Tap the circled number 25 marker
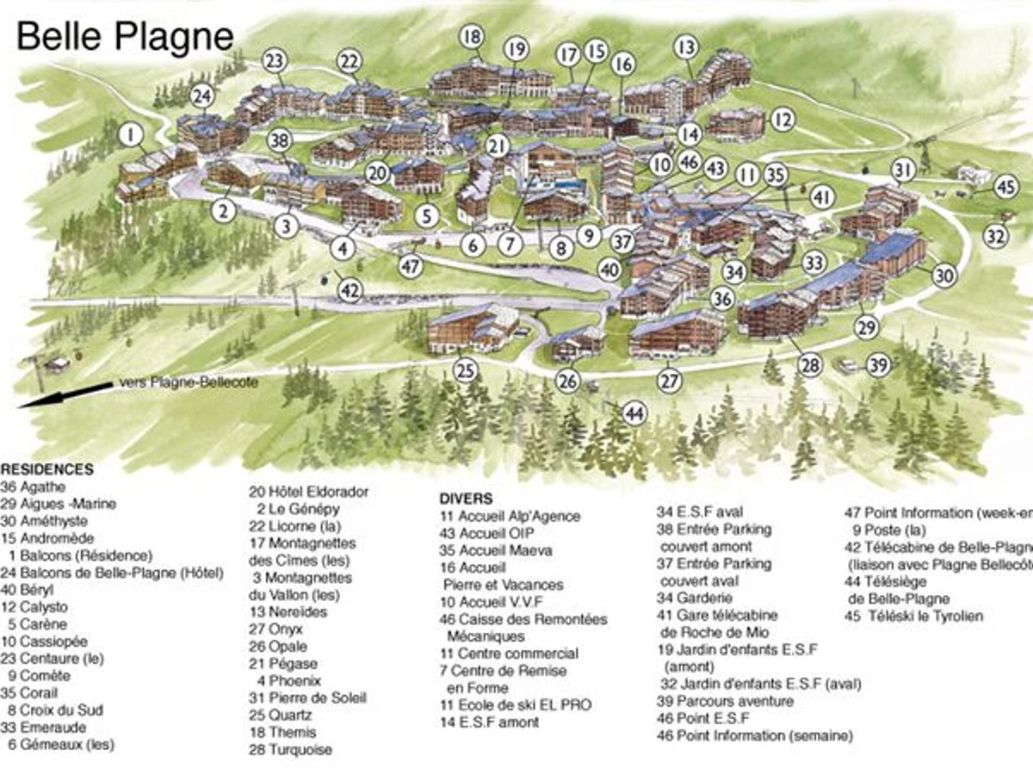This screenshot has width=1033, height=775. [x=466, y=371]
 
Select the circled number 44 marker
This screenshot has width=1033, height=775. [x=634, y=413]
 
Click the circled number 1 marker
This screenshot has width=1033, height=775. [x=130, y=135]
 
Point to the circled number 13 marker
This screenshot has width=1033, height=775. [x=685, y=46]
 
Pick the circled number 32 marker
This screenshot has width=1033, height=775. [x=996, y=234]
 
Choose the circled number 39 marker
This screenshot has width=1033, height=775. [x=877, y=365]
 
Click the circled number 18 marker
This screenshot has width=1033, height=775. [x=471, y=37]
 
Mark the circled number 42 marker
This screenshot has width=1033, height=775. [x=349, y=291]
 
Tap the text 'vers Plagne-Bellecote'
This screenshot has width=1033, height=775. [x=185, y=383]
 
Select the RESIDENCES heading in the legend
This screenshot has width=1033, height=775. [x=47, y=470]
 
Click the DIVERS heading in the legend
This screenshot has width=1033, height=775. [x=466, y=499]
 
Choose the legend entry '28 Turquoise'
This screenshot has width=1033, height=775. [x=289, y=749]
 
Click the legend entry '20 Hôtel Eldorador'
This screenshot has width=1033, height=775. [x=309, y=492]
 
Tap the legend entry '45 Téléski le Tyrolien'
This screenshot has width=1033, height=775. [x=914, y=616]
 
